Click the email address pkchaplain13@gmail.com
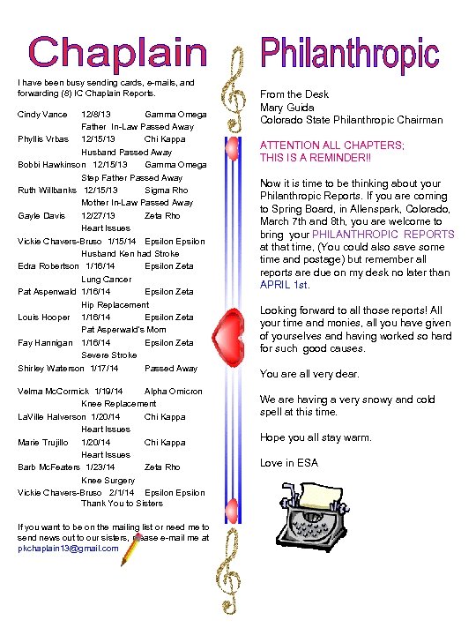pyautogui.click(x=68, y=548)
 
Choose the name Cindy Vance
pyautogui.click(x=42, y=115)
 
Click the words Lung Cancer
pyautogui.click(x=106, y=280)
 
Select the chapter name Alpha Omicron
pyautogui.click(x=173, y=392)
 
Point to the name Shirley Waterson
pyautogui.click(x=50, y=369)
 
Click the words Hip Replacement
pyautogui.click(x=115, y=305)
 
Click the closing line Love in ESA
pyautogui.click(x=289, y=463)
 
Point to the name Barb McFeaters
pyautogui.click(x=48, y=467)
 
